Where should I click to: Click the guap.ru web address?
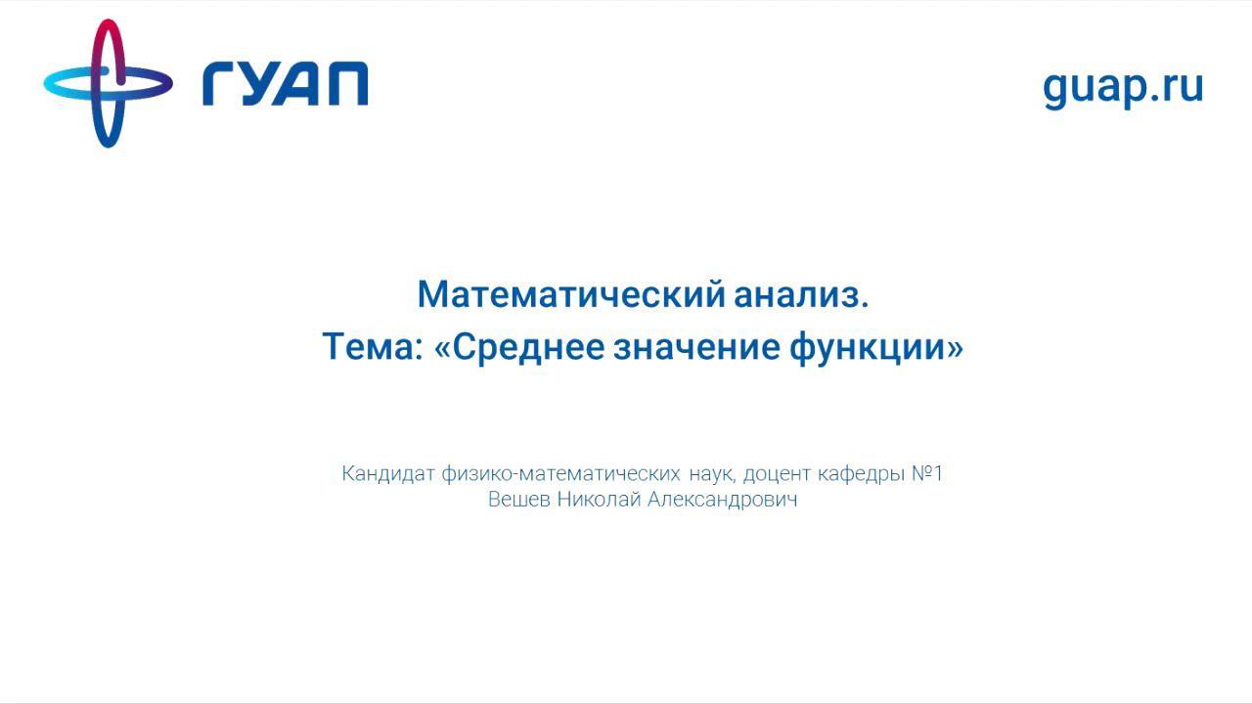click(1123, 86)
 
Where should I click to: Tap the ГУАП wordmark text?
click(285, 83)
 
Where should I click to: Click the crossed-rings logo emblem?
click(108, 83)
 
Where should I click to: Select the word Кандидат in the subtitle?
click(388, 474)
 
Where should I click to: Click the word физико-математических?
click(560, 474)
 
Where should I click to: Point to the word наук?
click(711, 474)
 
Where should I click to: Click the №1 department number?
click(927, 474)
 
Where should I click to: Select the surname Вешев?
click(519, 500)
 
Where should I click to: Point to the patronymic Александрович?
click(723, 500)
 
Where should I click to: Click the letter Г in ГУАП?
click(221, 83)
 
